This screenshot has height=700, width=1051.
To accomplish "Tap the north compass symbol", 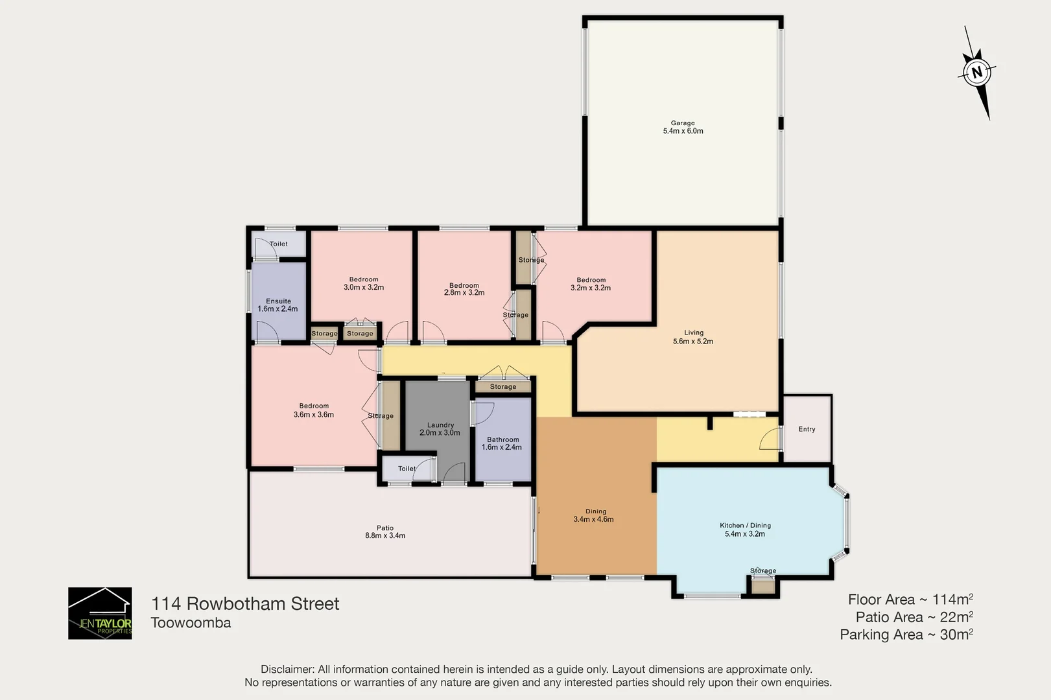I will [977, 72].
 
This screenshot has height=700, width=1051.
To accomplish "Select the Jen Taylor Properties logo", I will [100, 613].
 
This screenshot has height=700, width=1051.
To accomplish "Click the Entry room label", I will [807, 429].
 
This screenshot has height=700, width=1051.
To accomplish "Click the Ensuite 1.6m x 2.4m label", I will [278, 305].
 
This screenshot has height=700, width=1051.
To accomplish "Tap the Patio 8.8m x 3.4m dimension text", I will [385, 535].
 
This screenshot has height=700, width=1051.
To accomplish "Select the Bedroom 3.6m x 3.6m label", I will [314, 410].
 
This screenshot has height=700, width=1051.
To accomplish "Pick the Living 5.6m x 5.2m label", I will [693, 337].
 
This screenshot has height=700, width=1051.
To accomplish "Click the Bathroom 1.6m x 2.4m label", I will [502, 443].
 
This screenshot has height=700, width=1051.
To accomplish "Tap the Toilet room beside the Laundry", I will [407, 469].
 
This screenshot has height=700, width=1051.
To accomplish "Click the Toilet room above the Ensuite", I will [279, 244].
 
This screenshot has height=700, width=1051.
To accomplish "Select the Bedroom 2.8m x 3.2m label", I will [464, 289].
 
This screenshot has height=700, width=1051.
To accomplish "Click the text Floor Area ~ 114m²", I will [910, 600].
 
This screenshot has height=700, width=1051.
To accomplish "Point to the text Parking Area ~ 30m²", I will [906, 635].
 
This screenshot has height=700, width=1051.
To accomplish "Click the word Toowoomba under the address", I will [191, 623].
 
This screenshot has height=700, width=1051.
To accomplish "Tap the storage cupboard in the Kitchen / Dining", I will [762, 586].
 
